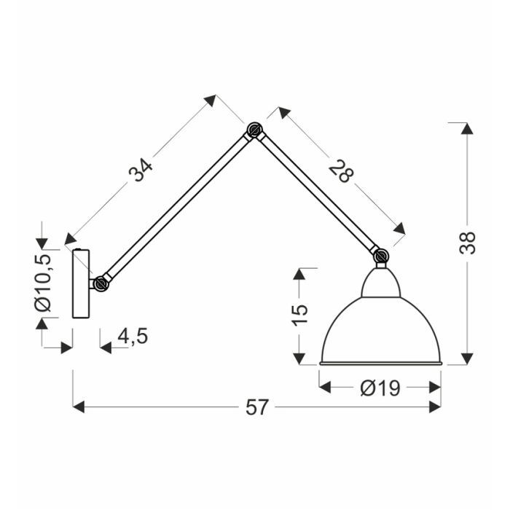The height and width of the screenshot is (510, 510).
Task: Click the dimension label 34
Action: coord(140,170)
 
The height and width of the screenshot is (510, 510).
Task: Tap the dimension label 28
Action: coord(340,171)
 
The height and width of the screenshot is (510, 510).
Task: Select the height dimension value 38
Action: coord(468,243)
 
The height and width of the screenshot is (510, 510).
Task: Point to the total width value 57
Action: coord(257,407)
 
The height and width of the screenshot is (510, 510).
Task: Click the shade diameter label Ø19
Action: coord(380,388)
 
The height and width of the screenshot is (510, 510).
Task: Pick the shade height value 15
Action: coord(299,314)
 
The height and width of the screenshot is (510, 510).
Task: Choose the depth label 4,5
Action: coord(133,336)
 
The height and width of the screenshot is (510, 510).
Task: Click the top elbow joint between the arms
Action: coord(254,130)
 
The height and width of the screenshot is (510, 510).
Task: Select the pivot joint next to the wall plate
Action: coord(101,283)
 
